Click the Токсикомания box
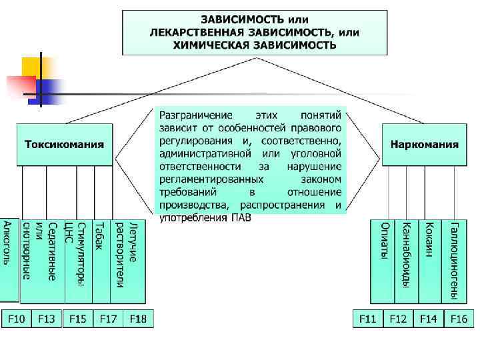tap(65, 144)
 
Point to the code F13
tap(46, 319)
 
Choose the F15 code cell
tap(77, 319)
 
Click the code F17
tap(109, 319)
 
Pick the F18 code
tap(139, 319)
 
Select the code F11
tap(368, 319)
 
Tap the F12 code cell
tap(398, 319)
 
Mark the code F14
tap(428, 319)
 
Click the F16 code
tap(458, 319)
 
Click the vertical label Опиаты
tap(384, 240)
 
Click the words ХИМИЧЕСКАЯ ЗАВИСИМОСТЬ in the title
tap(255, 45)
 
